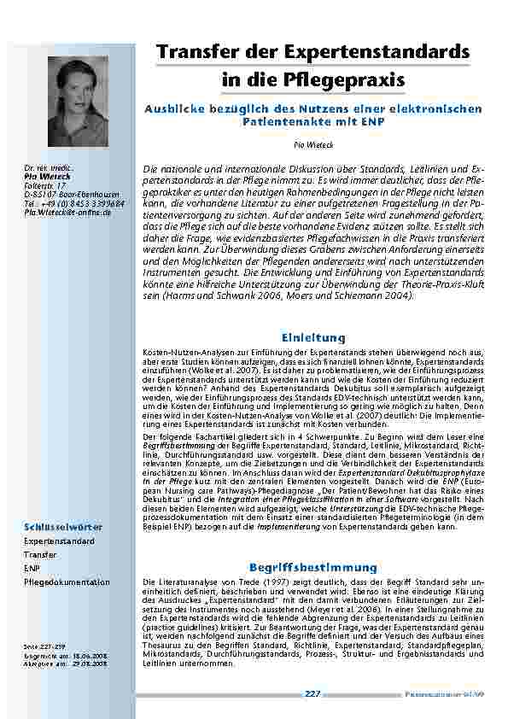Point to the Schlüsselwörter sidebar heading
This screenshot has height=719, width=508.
(63, 527)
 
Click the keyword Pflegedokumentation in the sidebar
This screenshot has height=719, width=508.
(67, 582)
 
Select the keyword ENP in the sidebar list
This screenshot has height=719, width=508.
(32, 568)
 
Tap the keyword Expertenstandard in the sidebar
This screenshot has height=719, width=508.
(58, 541)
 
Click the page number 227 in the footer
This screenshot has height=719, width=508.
(312, 693)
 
